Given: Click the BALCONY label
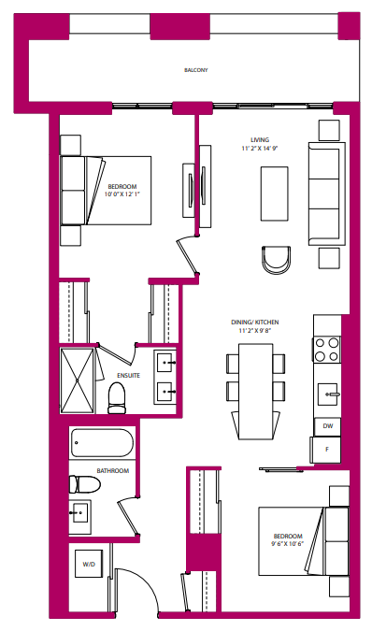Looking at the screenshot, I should [x=195, y=70].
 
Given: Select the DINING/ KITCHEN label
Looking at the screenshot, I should [x=255, y=322].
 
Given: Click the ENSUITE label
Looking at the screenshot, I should [x=128, y=376].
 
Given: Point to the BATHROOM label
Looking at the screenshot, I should [x=112, y=470].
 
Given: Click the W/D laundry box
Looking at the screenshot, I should [x=90, y=565].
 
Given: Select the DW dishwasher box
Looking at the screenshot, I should [x=327, y=425].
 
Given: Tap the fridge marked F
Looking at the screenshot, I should [x=327, y=450].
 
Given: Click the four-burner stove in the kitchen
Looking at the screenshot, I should [x=327, y=350].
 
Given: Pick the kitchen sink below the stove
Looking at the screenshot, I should [x=327, y=391].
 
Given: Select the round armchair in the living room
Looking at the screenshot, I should [x=278, y=259].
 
